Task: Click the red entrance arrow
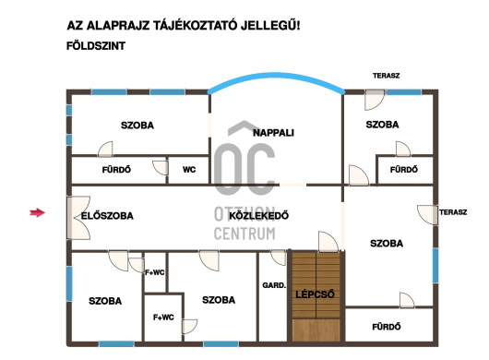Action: point(38,212)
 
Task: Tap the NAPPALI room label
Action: point(273,133)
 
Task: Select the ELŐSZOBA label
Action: point(107,216)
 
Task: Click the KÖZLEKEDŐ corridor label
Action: point(259,216)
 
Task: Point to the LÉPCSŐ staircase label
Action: point(315,294)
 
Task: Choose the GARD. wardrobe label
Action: point(274,285)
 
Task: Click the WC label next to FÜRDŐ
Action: point(189,170)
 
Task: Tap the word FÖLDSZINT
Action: point(96,46)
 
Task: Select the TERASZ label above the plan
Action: point(386,76)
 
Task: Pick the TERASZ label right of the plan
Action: point(453,212)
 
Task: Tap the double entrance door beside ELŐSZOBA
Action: point(78,218)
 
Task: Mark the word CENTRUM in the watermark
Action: point(244,234)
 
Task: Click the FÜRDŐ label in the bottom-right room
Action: point(387,327)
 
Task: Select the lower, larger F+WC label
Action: point(163,318)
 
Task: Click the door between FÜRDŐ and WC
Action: point(161,167)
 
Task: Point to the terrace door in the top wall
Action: point(375,100)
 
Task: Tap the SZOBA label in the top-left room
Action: point(137,126)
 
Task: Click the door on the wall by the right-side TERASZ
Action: point(427,215)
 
